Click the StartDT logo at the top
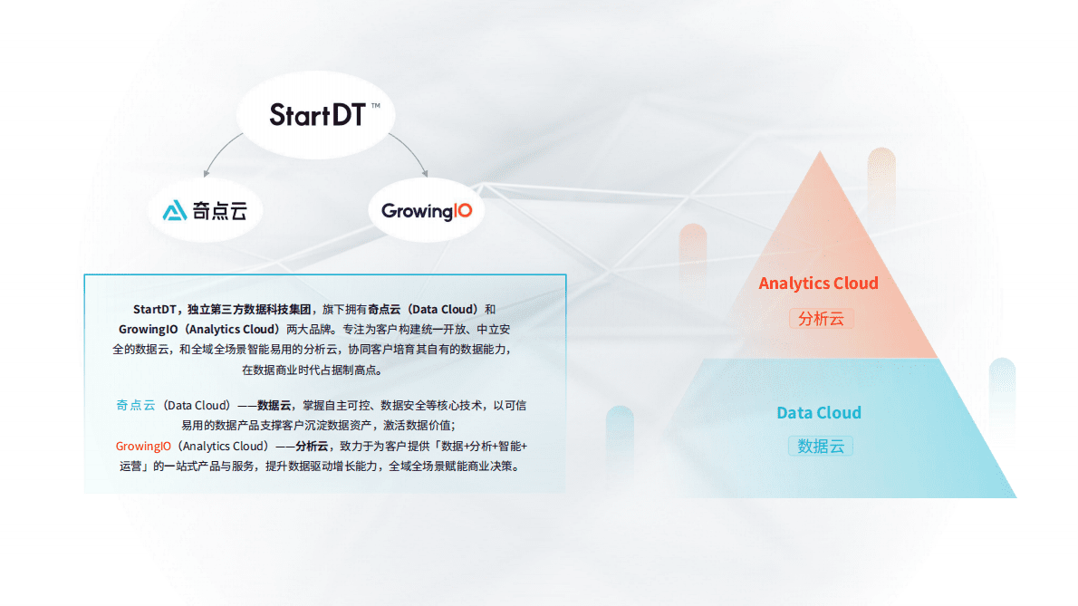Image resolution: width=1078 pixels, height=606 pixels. pyautogui.click(x=317, y=115)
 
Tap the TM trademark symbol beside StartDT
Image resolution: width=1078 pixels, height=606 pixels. pyautogui.click(x=375, y=107)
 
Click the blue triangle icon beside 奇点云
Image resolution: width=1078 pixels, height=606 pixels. pyautogui.click(x=174, y=211)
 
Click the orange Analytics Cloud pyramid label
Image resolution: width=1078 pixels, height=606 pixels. pyautogui.click(x=818, y=284)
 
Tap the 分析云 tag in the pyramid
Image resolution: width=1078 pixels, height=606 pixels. pyautogui.click(x=821, y=319)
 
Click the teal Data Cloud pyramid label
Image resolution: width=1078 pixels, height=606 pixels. pyautogui.click(x=819, y=413)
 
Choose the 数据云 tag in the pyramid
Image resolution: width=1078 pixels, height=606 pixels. pyautogui.click(x=821, y=446)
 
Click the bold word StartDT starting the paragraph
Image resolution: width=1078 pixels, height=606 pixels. pyautogui.click(x=153, y=309)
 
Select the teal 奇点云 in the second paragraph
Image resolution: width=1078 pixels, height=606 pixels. pyautogui.click(x=136, y=405)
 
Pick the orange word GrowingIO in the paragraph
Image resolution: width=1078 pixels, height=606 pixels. pyautogui.click(x=143, y=446)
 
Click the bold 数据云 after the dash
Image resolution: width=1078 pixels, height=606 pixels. pyautogui.click(x=273, y=405)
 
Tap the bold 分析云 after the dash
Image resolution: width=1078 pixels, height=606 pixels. pyautogui.click(x=312, y=446)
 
